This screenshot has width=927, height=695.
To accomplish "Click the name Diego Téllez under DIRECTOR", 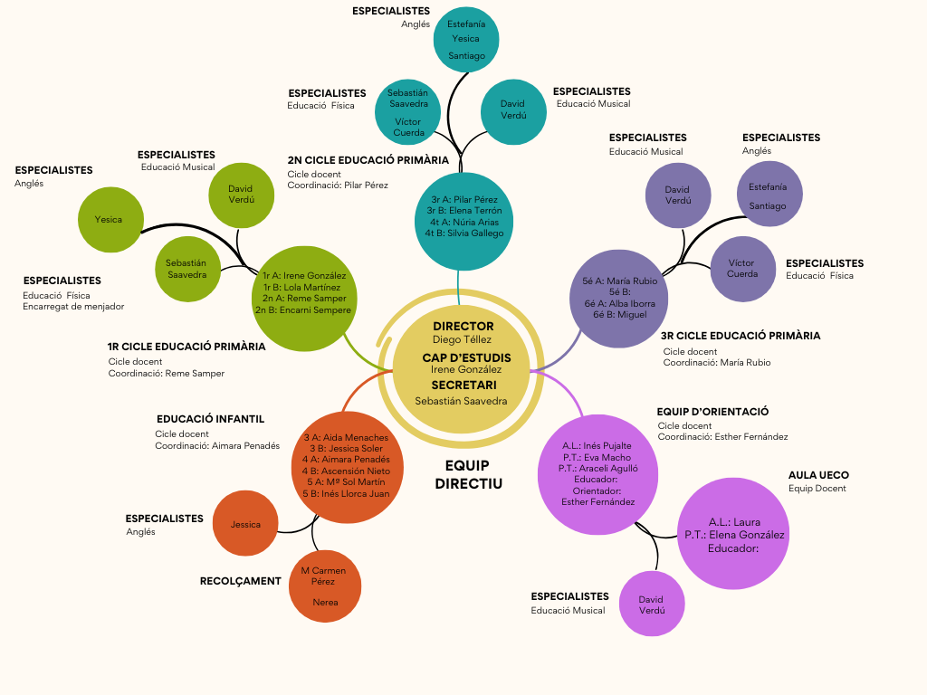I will [462, 340].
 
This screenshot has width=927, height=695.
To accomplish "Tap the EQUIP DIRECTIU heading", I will [467, 474].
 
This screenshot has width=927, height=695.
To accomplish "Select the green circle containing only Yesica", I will [110, 219].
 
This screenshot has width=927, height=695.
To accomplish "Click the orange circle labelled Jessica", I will [245, 524].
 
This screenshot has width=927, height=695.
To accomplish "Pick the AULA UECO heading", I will [818, 475].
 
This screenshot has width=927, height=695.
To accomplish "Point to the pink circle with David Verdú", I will [652, 605].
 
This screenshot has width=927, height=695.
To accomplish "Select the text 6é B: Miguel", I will [620, 315].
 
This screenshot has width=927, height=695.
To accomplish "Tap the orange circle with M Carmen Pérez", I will [323, 586].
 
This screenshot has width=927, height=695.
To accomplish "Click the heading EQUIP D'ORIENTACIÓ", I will [712, 412].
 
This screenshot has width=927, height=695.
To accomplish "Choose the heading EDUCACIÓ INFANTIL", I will [210, 420].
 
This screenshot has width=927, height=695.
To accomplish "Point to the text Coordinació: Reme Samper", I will [167, 373].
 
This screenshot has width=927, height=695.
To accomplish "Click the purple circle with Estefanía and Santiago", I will [768, 195].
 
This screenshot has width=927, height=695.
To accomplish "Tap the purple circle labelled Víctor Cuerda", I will [742, 268].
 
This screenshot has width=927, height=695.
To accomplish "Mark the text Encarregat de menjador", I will [73, 307].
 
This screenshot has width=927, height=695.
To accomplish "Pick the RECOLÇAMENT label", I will [240, 581].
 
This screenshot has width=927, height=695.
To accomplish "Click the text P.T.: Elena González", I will [734, 535].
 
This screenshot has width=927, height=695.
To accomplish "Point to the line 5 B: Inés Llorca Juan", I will [346, 494].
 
